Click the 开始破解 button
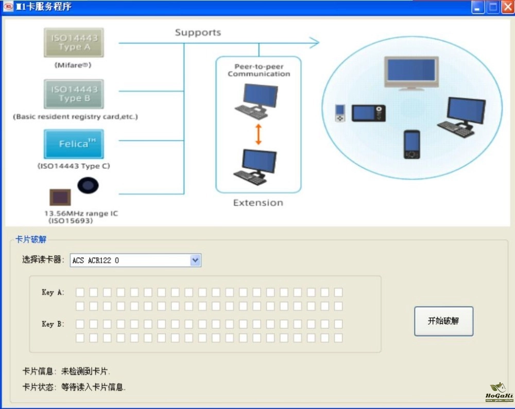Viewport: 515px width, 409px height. click(x=443, y=321)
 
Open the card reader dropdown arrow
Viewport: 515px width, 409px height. click(x=195, y=260)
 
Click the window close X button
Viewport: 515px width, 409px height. click(x=507, y=7)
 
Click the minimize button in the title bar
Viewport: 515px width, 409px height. click(x=478, y=7)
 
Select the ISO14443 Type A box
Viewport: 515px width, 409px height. click(x=74, y=42)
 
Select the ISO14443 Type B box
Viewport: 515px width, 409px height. click(x=74, y=94)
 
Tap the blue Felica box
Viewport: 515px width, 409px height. click(x=74, y=144)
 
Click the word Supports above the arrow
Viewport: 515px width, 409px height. click(x=198, y=32)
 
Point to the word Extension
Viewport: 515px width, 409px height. click(x=258, y=203)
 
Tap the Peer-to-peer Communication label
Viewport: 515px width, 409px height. click(x=259, y=70)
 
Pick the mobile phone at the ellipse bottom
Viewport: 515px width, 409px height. click(x=411, y=145)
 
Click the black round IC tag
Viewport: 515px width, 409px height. click(x=88, y=185)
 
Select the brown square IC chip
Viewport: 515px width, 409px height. click(x=61, y=198)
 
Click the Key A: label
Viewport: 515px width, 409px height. click(x=53, y=292)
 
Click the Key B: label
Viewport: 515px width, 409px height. click(x=53, y=324)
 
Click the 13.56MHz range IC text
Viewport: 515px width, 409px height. click(x=81, y=213)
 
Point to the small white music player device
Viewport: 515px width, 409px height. click(x=339, y=113)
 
